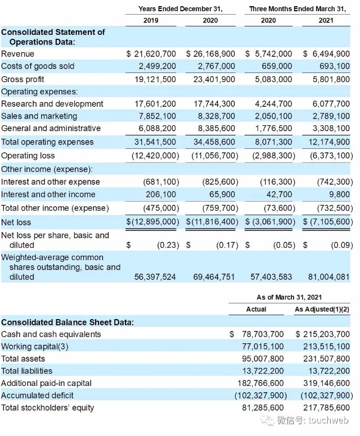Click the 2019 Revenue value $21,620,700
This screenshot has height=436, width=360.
tap(151, 54)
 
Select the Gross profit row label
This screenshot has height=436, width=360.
tap(22, 80)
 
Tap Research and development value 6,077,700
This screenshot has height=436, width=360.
tap(331, 104)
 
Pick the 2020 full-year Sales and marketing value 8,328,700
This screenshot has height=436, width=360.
tap(217, 116)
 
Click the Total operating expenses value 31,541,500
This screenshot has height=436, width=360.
tap(155, 142)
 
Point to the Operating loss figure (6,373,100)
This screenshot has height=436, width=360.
tap(331, 156)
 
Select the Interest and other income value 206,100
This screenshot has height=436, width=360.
tap(161, 194)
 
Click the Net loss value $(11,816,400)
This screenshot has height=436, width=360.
tap(212, 221)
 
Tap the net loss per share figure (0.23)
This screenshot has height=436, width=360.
tap(168, 245)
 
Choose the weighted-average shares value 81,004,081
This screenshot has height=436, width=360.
tap(328, 277)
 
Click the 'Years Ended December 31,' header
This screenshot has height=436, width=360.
tap(181, 9)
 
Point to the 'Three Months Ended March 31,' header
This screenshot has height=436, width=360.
tap(298, 9)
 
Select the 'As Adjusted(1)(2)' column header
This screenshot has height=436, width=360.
tap(322, 309)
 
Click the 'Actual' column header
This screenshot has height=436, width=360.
tap(256, 309)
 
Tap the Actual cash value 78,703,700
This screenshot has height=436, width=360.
tap(263, 334)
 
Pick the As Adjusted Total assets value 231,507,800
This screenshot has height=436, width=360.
tap(326, 358)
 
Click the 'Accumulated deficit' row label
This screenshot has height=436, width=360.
tap(37, 396)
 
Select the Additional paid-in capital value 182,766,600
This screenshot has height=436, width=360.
tap(260, 383)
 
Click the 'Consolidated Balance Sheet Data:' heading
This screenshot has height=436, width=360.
tap(67, 323)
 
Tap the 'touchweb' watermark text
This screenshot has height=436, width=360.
tap(328, 420)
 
